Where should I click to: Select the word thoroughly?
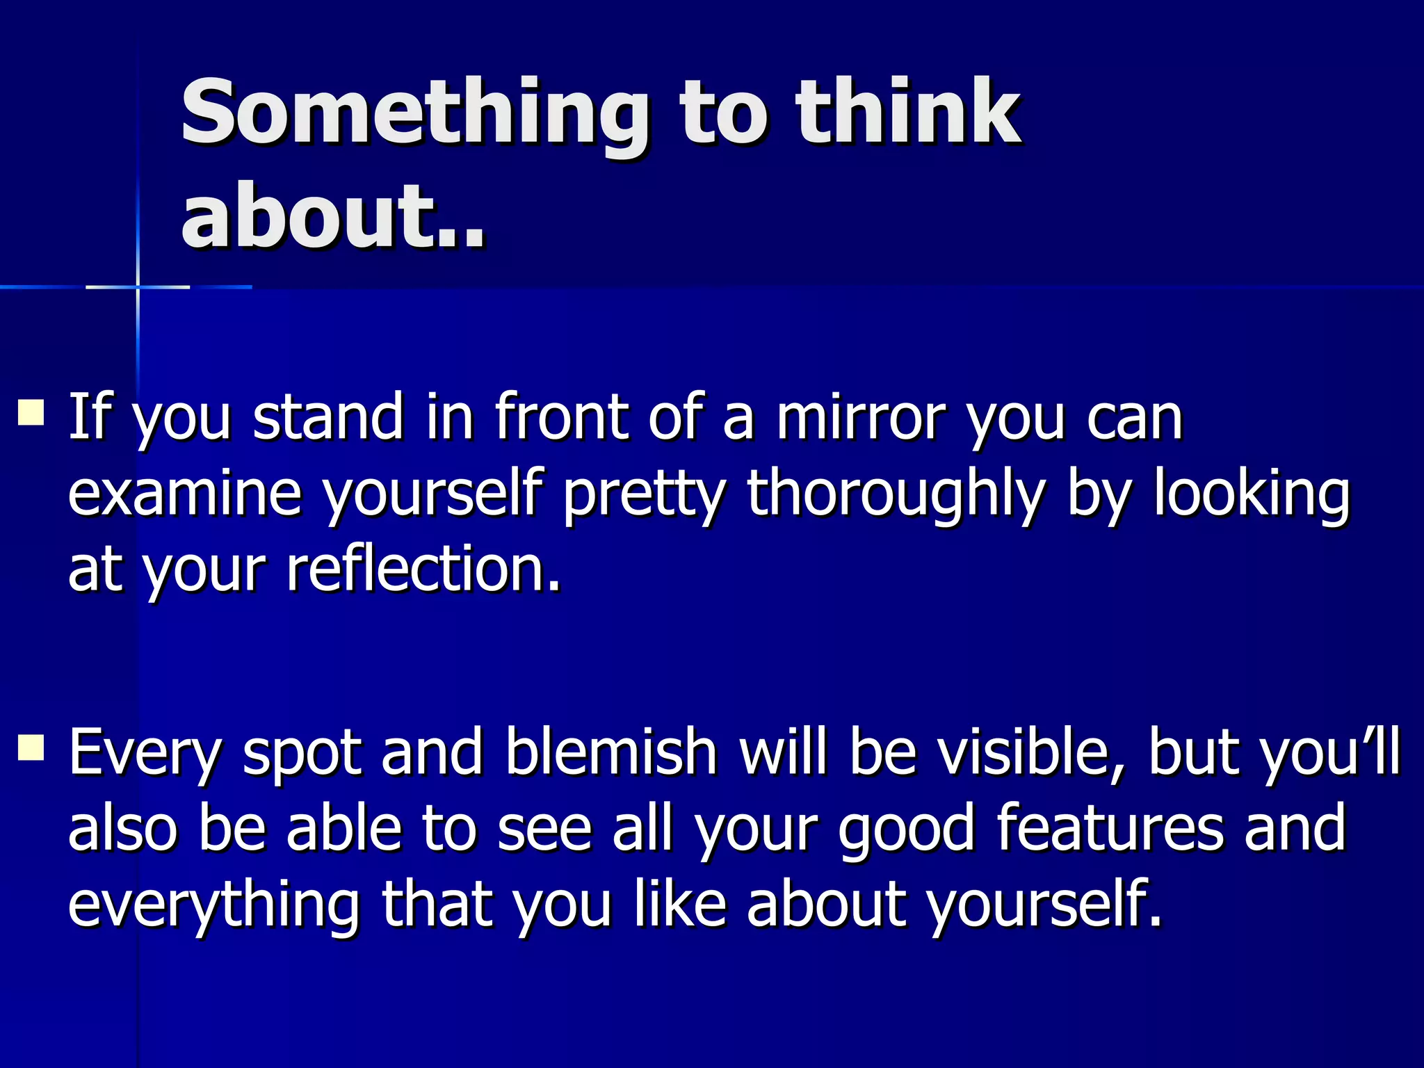coord(896,495)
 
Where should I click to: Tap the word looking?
coord(1252,495)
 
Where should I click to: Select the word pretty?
coord(644,495)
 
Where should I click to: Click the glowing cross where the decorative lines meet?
coord(138,286)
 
